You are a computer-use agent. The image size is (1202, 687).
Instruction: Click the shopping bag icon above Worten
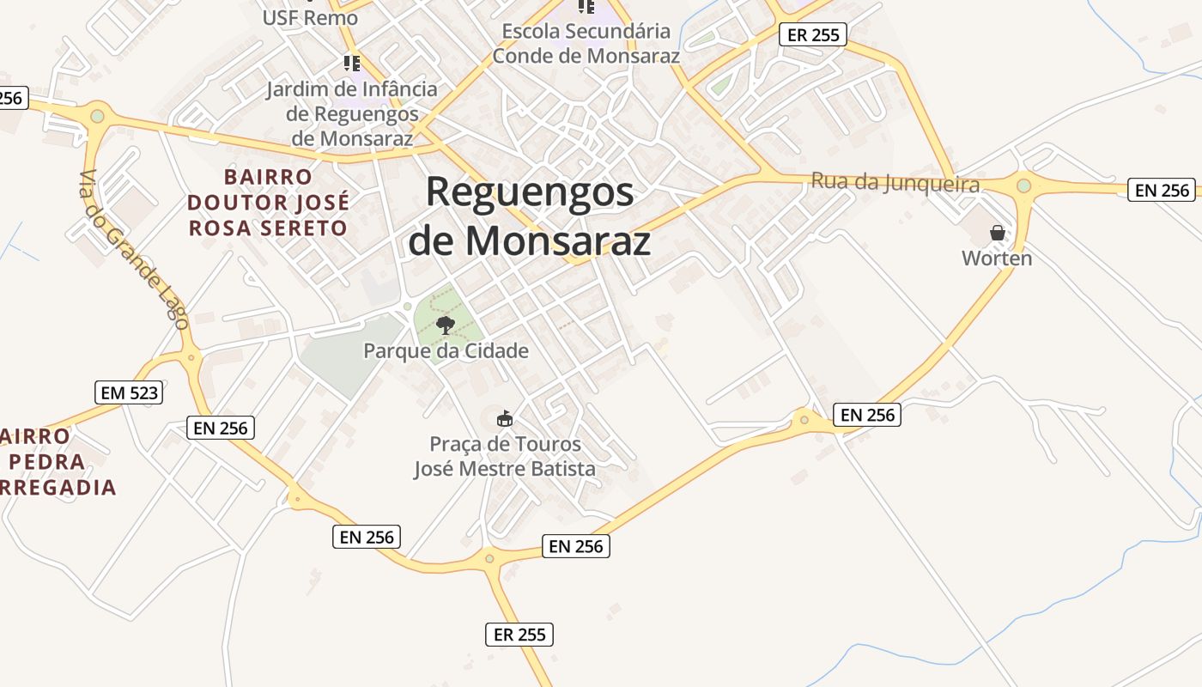(997, 233)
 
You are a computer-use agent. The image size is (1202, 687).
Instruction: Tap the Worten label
(997, 258)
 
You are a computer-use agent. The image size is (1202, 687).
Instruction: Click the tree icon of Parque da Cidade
(445, 325)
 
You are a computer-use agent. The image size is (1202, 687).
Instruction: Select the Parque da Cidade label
(446, 350)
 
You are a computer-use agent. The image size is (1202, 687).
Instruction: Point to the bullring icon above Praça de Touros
(505, 419)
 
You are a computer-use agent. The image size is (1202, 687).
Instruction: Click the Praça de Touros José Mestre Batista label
(505, 456)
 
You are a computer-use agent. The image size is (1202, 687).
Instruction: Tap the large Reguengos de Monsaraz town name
(529, 216)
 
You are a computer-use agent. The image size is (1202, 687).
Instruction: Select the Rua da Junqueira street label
(895, 183)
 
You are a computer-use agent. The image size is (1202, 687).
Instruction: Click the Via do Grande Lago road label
(133, 249)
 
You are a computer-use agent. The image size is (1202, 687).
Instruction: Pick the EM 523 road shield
(129, 393)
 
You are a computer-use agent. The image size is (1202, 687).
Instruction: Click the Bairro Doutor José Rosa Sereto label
(269, 203)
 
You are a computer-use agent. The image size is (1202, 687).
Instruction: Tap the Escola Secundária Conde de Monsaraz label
(586, 44)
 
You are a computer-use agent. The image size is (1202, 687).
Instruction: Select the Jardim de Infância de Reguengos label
(352, 113)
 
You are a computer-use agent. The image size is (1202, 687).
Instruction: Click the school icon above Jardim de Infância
(351, 64)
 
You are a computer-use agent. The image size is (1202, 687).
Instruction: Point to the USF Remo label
(310, 17)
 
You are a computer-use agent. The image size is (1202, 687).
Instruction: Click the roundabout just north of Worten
(1023, 185)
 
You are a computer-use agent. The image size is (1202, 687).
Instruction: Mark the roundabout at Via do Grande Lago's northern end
(97, 116)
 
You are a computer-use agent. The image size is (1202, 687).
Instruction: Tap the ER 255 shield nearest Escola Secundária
(812, 35)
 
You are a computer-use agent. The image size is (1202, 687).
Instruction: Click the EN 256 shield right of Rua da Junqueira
(1162, 191)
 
